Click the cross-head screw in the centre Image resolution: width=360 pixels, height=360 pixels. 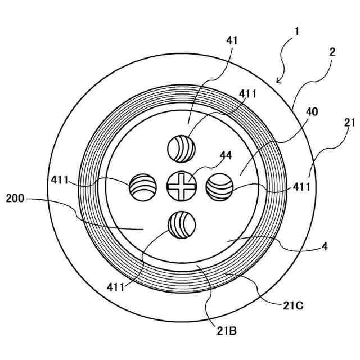tap(181, 186)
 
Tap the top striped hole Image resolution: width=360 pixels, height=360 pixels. tap(181, 149)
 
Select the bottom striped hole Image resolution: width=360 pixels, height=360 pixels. tap(181, 224)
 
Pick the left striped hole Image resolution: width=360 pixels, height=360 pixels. tap(143, 187)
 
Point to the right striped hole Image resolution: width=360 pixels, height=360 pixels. tap(219, 186)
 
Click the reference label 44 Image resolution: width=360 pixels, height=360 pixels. tap(210, 155)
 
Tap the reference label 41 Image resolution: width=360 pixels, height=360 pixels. tap(232, 40)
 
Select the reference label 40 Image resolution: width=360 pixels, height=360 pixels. tap(311, 112)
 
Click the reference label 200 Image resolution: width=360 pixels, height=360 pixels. tap(15, 199)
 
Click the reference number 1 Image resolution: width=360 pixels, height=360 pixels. tap(296, 31)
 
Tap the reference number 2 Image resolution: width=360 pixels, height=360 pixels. tap(332, 52)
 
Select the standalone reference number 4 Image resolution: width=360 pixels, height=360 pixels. tap(325, 246)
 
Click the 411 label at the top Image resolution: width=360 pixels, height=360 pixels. tap(248, 94)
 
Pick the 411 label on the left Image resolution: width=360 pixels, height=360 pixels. tap(60, 180)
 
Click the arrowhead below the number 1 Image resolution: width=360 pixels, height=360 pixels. tap(279, 80)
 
